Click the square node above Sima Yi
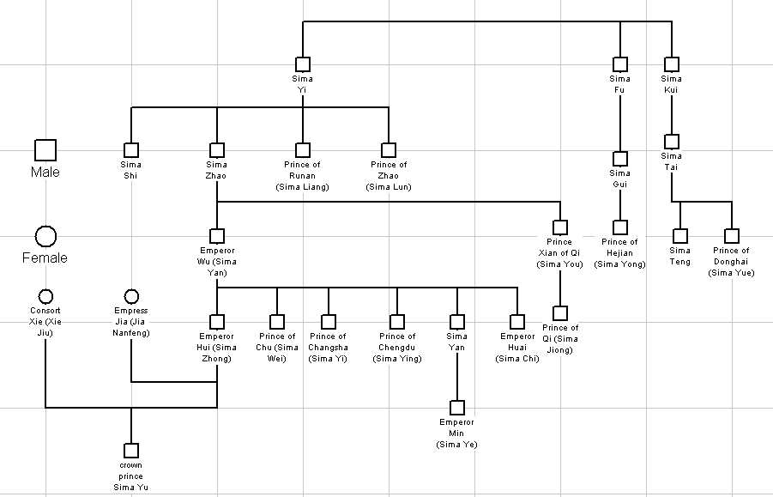[303, 64]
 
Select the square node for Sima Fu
[620, 64]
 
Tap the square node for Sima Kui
[672, 64]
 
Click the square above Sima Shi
[131, 150]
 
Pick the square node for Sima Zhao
[217, 150]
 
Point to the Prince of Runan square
[303, 150]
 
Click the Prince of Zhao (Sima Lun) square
[389, 150]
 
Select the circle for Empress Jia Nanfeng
[131, 296]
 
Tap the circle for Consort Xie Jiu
[45, 296]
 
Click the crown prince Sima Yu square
[131, 451]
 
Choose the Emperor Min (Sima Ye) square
[457, 408]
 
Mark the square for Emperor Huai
[517, 322]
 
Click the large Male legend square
[45, 150]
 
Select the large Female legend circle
[45, 236]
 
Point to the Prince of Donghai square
[732, 236]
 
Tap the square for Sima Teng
[680, 236]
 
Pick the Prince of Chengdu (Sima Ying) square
[397, 322]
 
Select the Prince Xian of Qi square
[560, 227]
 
